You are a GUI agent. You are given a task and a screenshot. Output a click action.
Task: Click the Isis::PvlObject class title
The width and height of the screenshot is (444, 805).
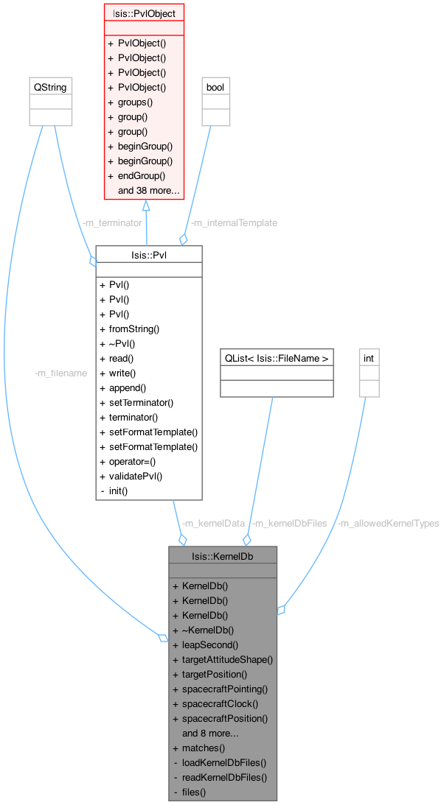coord(145,13)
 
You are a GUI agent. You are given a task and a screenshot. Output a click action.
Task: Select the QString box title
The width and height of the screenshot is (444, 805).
coord(50,87)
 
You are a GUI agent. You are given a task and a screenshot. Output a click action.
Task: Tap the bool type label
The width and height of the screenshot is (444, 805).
coord(215,87)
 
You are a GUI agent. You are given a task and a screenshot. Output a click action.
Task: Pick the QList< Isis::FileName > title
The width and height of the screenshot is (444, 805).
coord(277,358)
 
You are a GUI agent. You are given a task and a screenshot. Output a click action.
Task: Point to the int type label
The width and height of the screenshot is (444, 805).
coord(369,358)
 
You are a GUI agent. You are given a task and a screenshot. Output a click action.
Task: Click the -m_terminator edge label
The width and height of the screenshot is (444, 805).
coord(112,222)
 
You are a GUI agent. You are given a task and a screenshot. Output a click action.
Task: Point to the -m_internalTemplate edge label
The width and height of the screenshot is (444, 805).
coord(234,222)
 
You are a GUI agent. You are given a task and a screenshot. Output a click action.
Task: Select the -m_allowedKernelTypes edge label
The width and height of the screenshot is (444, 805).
coord(388,523)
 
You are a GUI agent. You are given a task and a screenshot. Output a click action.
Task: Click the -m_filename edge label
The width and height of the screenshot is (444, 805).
coord(60,373)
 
